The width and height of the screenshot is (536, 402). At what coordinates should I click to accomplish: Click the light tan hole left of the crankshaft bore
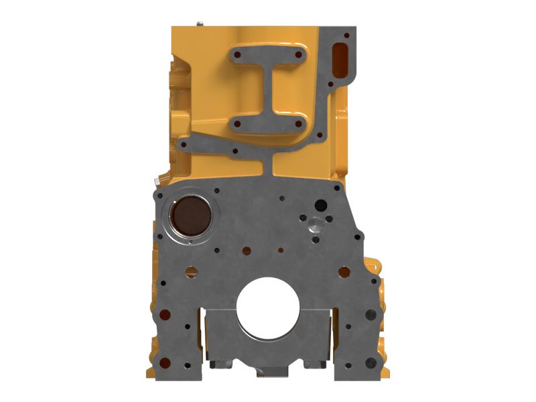coord(192,272)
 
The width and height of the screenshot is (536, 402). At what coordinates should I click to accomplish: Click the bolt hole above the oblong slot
coord(345,31)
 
